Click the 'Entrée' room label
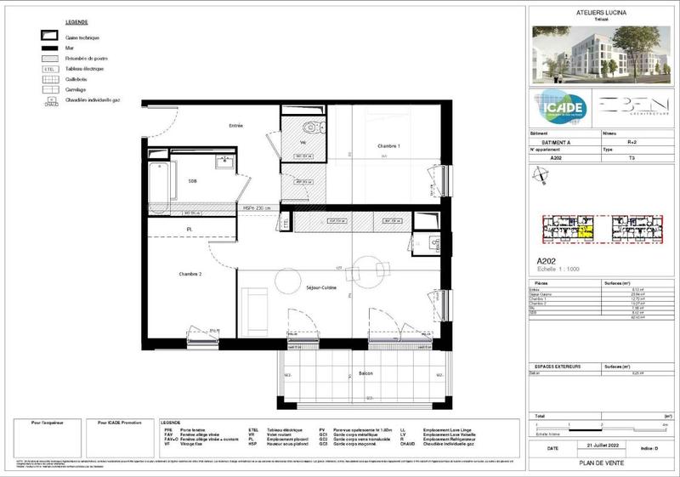point(235,126)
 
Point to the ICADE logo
point(558,108)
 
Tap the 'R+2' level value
point(632,144)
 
